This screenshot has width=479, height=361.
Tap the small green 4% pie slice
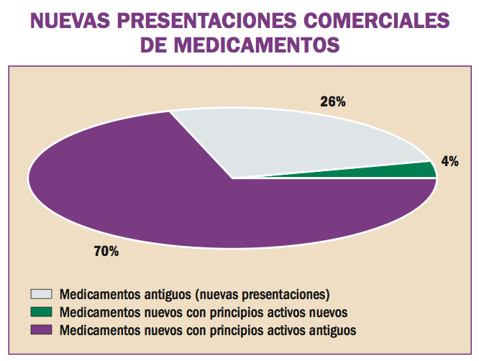[x=421, y=171]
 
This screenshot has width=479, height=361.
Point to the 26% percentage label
[x=333, y=102]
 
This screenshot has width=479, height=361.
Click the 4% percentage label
[x=450, y=162]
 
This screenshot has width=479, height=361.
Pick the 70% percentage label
[x=106, y=252]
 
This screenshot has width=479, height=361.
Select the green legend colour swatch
[x=41, y=313]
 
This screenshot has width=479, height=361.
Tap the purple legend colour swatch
[x=41, y=331]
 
